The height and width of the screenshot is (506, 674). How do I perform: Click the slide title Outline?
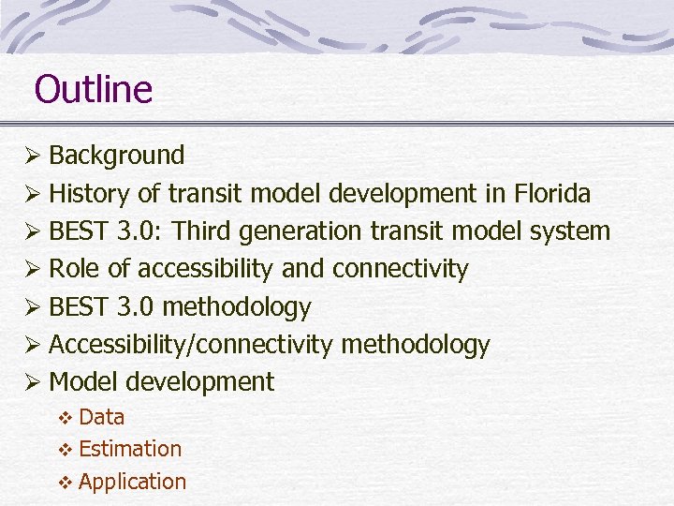point(93,90)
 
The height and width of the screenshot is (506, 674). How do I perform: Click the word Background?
point(116,155)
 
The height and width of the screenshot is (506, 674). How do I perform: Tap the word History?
point(89,194)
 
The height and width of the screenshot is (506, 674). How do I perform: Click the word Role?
point(74,269)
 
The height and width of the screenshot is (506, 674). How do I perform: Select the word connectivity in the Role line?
point(400,269)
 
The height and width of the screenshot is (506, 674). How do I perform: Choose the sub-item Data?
point(102,417)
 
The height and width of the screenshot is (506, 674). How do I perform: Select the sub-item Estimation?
point(130,449)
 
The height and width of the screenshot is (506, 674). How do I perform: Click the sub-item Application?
point(133,482)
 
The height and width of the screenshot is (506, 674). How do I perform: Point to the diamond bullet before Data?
point(66,418)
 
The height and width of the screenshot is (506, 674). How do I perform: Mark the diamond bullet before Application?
point(66,483)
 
